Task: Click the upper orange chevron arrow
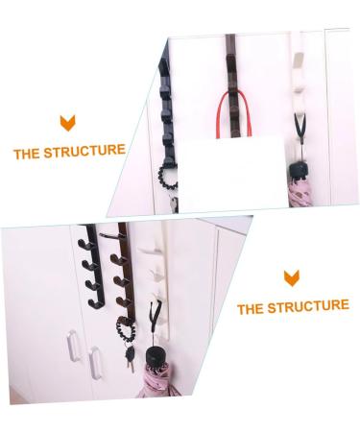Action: (x=67, y=122)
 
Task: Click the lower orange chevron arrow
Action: (x=292, y=278)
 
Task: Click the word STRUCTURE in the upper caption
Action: (x=90, y=151)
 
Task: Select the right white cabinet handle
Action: (x=96, y=364)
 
